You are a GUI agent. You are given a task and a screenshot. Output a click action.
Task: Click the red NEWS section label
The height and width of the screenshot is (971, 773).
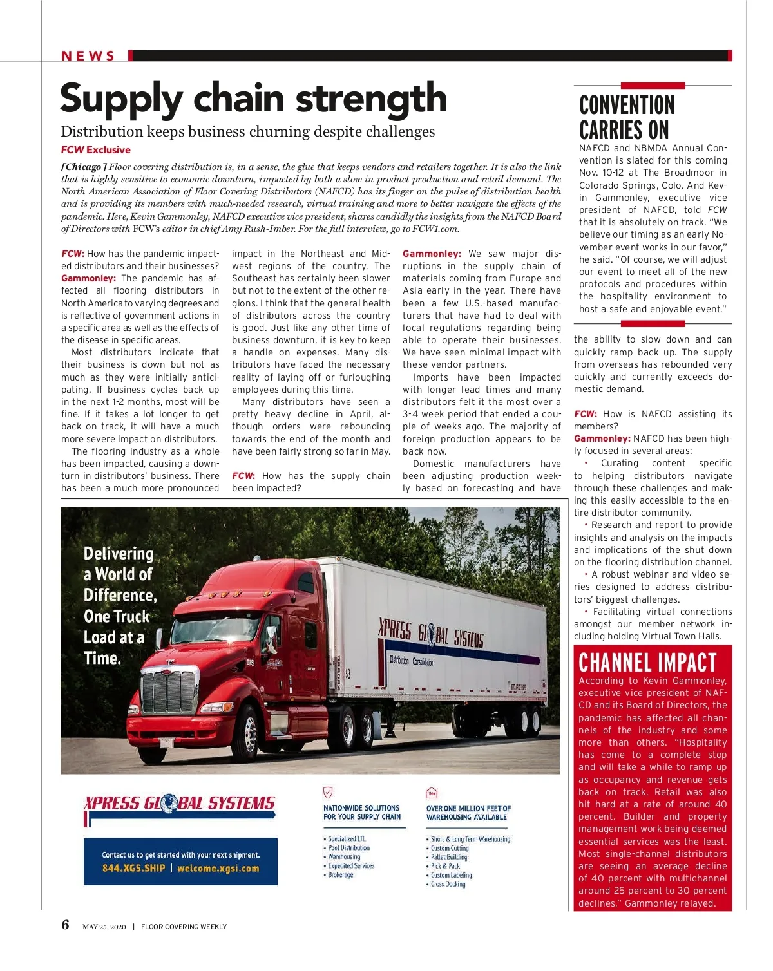click(x=88, y=56)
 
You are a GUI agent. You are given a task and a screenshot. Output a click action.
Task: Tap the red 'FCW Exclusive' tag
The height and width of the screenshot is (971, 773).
click(x=95, y=150)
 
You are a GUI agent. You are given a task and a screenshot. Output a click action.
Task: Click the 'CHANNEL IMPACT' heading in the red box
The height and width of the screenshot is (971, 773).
click(x=647, y=663)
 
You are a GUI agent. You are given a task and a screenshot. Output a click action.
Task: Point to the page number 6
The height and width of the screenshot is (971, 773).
click(x=65, y=925)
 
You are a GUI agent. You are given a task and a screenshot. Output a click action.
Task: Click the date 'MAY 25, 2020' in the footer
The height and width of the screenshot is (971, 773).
click(x=104, y=927)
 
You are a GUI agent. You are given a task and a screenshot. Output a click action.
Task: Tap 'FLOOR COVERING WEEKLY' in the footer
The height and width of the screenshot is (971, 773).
click(x=184, y=927)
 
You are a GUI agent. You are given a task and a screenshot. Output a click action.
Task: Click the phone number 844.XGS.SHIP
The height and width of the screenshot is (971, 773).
click(x=133, y=869)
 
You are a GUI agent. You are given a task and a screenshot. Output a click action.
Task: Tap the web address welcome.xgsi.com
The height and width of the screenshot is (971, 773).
click(x=218, y=869)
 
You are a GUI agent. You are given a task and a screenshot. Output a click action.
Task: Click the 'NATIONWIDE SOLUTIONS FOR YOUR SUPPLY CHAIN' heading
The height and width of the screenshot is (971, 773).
click(x=362, y=813)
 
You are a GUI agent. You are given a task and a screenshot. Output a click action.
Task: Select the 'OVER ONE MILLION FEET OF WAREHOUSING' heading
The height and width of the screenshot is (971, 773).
click(x=468, y=813)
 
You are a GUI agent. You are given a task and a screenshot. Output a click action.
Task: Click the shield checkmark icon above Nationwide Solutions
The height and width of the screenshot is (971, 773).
click(x=328, y=793)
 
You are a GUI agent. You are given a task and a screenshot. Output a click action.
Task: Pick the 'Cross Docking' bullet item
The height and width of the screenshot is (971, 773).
click(x=448, y=885)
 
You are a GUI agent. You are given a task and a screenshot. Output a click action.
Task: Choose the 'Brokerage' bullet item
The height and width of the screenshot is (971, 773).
click(x=340, y=875)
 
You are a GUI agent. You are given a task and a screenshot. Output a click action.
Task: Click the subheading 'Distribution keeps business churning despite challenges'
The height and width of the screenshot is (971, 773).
click(x=248, y=132)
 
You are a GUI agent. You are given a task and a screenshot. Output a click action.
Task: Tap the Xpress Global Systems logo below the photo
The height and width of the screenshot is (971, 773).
click(x=180, y=804)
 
